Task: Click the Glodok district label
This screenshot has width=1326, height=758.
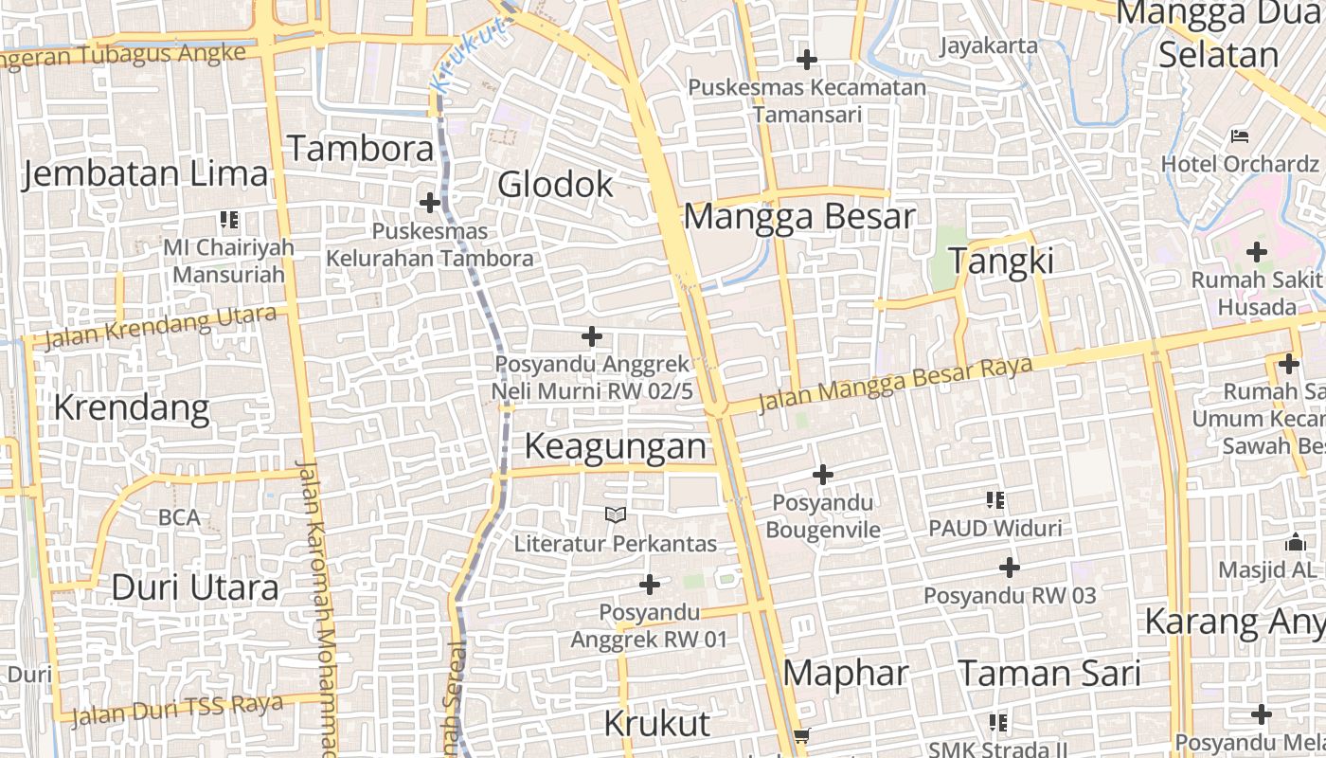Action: [555, 184]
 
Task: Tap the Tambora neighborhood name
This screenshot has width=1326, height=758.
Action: [360, 149]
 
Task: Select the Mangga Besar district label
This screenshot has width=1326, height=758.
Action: [799, 216]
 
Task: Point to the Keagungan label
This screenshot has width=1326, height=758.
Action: [616, 446]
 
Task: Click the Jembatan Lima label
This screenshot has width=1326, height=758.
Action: [145, 174]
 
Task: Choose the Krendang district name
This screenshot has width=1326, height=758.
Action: [131, 407]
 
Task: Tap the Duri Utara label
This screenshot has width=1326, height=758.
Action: [195, 587]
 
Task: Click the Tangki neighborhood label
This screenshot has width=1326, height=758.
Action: [1001, 261]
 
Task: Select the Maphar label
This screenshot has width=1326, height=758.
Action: [846, 674]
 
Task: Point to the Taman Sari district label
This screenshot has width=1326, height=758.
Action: [1049, 674]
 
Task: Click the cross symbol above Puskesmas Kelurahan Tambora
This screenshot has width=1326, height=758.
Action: [430, 202]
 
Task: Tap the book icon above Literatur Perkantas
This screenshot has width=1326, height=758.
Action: [616, 514]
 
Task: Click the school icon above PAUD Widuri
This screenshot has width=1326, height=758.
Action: [994, 499]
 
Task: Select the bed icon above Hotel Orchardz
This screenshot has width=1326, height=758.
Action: [1239, 135]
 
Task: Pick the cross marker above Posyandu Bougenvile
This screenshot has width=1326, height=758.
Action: [823, 474]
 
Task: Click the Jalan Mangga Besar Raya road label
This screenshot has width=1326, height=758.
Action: [895, 383]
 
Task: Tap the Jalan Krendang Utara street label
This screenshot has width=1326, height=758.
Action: [161, 327]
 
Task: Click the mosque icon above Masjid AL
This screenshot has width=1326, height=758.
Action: [1295, 542]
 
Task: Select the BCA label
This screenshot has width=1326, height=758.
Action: [179, 517]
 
